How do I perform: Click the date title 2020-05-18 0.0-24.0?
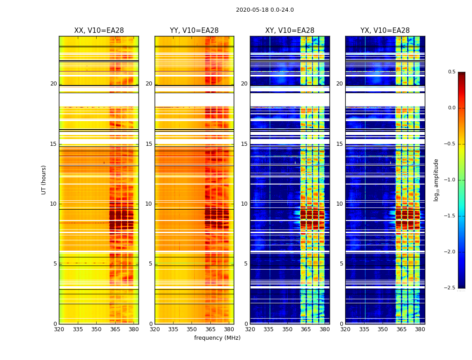[x=265, y=10]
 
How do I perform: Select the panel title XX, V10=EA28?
[x=99, y=31]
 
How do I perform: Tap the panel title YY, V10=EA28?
[x=194, y=31]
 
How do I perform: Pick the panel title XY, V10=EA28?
[x=289, y=31]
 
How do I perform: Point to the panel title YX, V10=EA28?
[x=385, y=31]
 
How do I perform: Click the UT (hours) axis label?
[x=44, y=180]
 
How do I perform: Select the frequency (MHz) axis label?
[x=217, y=338]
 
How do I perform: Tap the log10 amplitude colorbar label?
[x=436, y=180]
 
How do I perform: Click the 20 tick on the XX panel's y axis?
[x=53, y=84]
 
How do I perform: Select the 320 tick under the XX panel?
[x=59, y=329]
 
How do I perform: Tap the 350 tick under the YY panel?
[x=192, y=329]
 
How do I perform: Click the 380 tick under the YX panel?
[x=420, y=329]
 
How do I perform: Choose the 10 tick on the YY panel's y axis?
[x=149, y=204]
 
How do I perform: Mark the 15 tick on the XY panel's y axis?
[x=244, y=144]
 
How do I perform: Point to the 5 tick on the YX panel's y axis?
[x=341, y=264]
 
